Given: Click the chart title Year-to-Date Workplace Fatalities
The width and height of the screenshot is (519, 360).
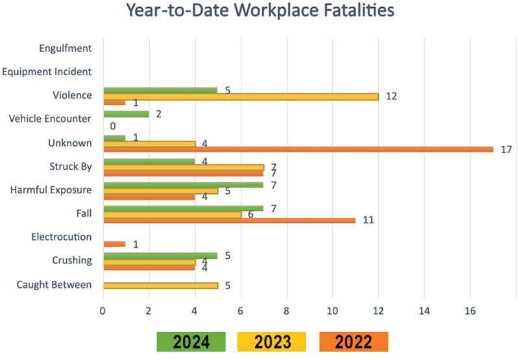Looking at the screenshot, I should tap(259, 12).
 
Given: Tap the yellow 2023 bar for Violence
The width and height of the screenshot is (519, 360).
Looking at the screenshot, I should tap(241, 96).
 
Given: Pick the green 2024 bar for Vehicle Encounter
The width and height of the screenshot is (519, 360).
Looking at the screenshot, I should tap(126, 114).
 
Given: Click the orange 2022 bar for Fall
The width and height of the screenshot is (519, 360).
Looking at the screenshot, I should tap(229, 220).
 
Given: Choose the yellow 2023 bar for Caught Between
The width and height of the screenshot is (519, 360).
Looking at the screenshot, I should tap(160, 285).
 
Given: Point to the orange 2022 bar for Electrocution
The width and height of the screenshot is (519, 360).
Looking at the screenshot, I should tap(114, 244).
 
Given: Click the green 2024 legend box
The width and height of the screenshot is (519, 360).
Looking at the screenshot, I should tap(190, 342).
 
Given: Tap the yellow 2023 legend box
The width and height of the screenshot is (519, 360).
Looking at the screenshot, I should tap(272, 342).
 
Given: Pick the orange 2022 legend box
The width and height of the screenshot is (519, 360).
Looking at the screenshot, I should tap(354, 342).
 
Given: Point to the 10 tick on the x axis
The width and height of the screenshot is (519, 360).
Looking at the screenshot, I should tap(332, 310).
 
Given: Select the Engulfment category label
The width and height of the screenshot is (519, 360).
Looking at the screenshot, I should tap(65, 48).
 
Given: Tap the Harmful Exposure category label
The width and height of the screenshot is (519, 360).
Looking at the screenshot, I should tap(53, 190).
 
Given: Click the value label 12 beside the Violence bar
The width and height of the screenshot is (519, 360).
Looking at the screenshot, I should tap(391, 97).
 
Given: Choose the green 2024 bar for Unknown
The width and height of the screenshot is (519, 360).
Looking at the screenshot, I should tap(114, 138).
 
